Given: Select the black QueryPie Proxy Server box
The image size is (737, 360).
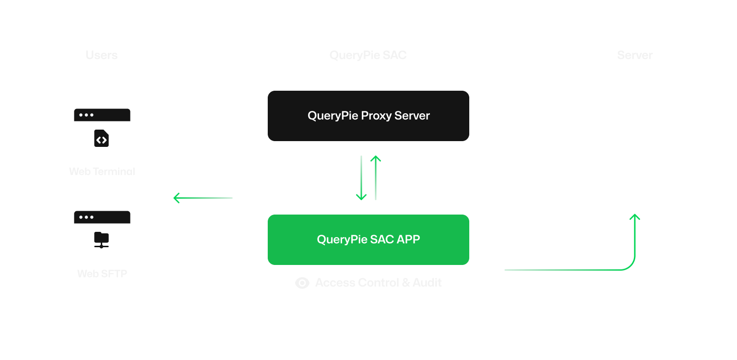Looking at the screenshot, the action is click(x=368, y=116).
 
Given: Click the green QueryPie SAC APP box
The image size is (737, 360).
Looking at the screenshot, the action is click(x=368, y=240).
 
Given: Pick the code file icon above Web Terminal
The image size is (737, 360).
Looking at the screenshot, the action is click(x=101, y=138).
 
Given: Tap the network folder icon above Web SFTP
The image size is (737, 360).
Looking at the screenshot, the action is click(x=101, y=240).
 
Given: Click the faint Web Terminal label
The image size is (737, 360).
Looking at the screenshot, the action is click(x=102, y=171).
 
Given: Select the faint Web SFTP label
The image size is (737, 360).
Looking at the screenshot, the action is click(x=102, y=274).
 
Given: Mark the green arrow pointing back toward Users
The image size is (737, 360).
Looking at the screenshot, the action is click(x=202, y=198).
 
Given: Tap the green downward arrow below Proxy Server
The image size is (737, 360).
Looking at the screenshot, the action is click(x=361, y=178).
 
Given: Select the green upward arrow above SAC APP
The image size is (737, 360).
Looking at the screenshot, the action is click(x=376, y=178).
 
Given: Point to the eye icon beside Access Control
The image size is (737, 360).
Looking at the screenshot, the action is click(x=302, y=283).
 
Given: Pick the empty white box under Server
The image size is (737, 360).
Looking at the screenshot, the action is click(x=634, y=134).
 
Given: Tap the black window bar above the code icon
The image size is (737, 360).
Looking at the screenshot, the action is click(x=102, y=115).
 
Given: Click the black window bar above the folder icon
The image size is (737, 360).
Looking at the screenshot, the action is click(x=102, y=217).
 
